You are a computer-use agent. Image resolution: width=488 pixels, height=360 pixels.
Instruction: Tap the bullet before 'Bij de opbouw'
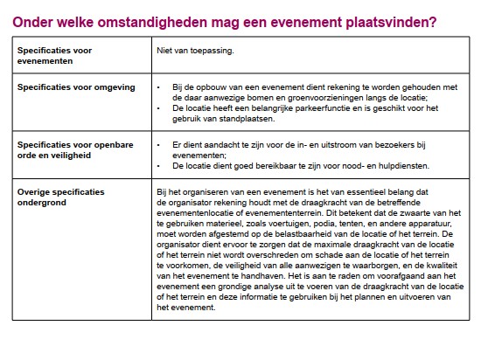(157, 87)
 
